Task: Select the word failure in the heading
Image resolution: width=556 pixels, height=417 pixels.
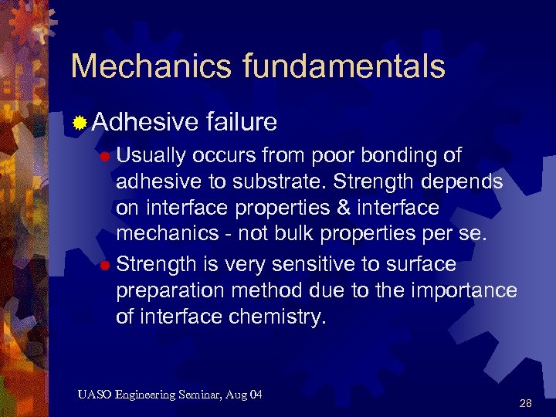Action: click(242, 121)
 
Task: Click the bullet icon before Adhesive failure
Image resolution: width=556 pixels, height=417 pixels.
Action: click(80, 121)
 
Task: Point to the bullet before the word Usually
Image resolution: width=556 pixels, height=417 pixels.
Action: click(105, 157)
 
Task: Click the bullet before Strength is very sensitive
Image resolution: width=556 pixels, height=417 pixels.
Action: click(105, 266)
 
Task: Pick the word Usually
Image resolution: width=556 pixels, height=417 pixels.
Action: click(151, 155)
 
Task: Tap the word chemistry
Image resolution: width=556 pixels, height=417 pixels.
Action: click(274, 317)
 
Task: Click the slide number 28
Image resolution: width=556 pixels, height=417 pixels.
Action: click(526, 403)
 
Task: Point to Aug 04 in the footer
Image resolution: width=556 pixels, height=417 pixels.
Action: click(246, 395)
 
